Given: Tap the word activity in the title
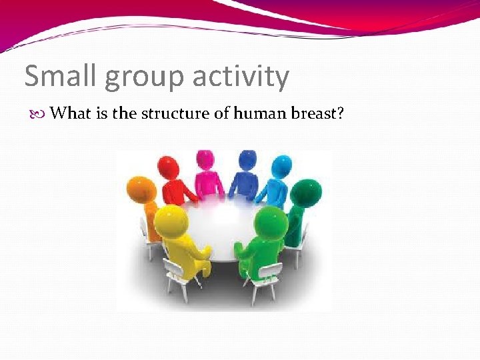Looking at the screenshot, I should click(x=241, y=77).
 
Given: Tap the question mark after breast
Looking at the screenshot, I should click(x=340, y=113).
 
